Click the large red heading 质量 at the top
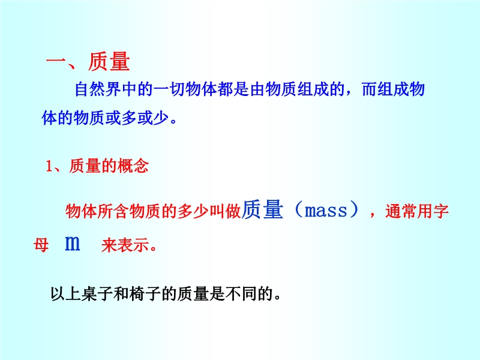click(109, 62)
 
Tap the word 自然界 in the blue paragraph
click(98, 89)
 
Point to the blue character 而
click(369, 89)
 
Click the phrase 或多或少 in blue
click(137, 118)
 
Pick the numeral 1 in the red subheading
click(49, 166)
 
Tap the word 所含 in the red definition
click(113, 212)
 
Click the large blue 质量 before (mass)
click(262, 209)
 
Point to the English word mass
click(326, 211)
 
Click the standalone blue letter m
click(73, 244)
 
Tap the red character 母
click(41, 245)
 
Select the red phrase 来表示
click(125, 245)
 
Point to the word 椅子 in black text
click(145, 294)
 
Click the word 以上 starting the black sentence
click(65, 294)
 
